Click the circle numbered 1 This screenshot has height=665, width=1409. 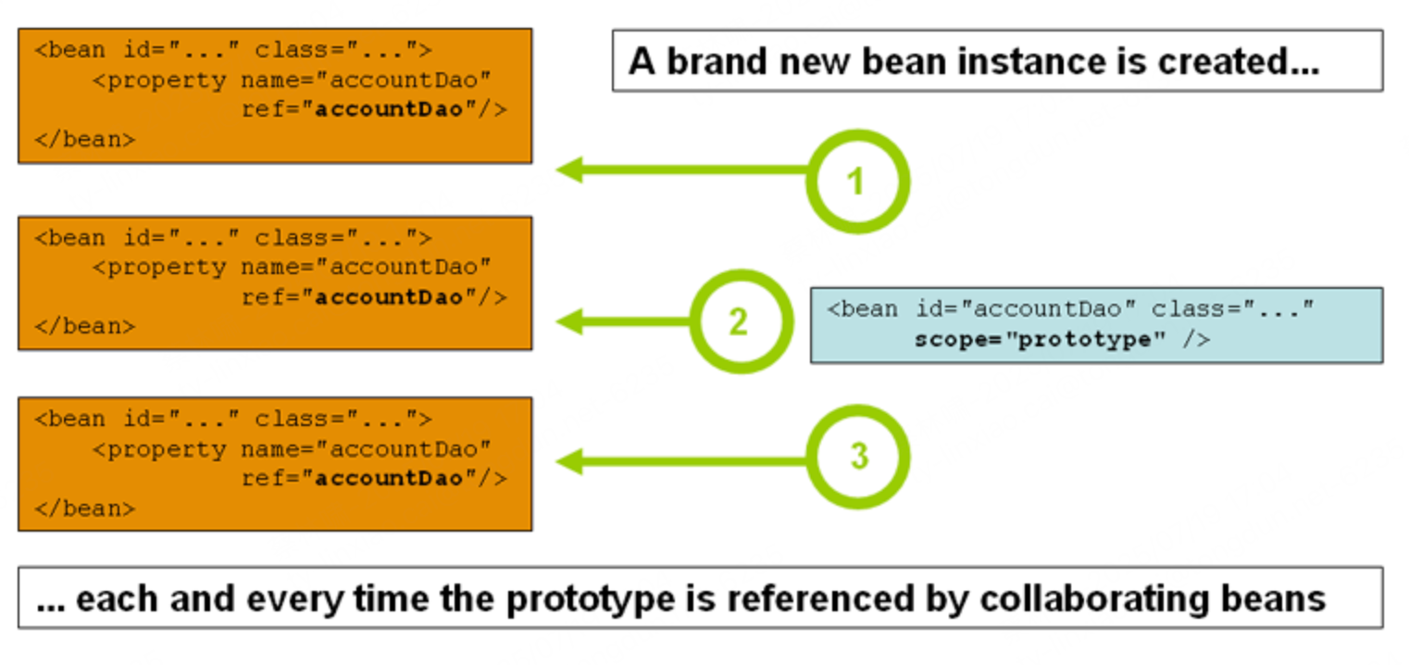(x=857, y=182)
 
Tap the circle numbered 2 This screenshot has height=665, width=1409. (x=740, y=322)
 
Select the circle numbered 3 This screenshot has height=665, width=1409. (x=858, y=457)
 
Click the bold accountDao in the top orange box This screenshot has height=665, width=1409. (x=389, y=109)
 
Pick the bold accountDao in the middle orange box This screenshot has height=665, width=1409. (x=389, y=297)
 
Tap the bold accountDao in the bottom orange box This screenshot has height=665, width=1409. (x=389, y=478)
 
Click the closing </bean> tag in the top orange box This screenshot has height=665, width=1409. (x=85, y=139)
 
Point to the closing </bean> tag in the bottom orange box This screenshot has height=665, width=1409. (x=85, y=508)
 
